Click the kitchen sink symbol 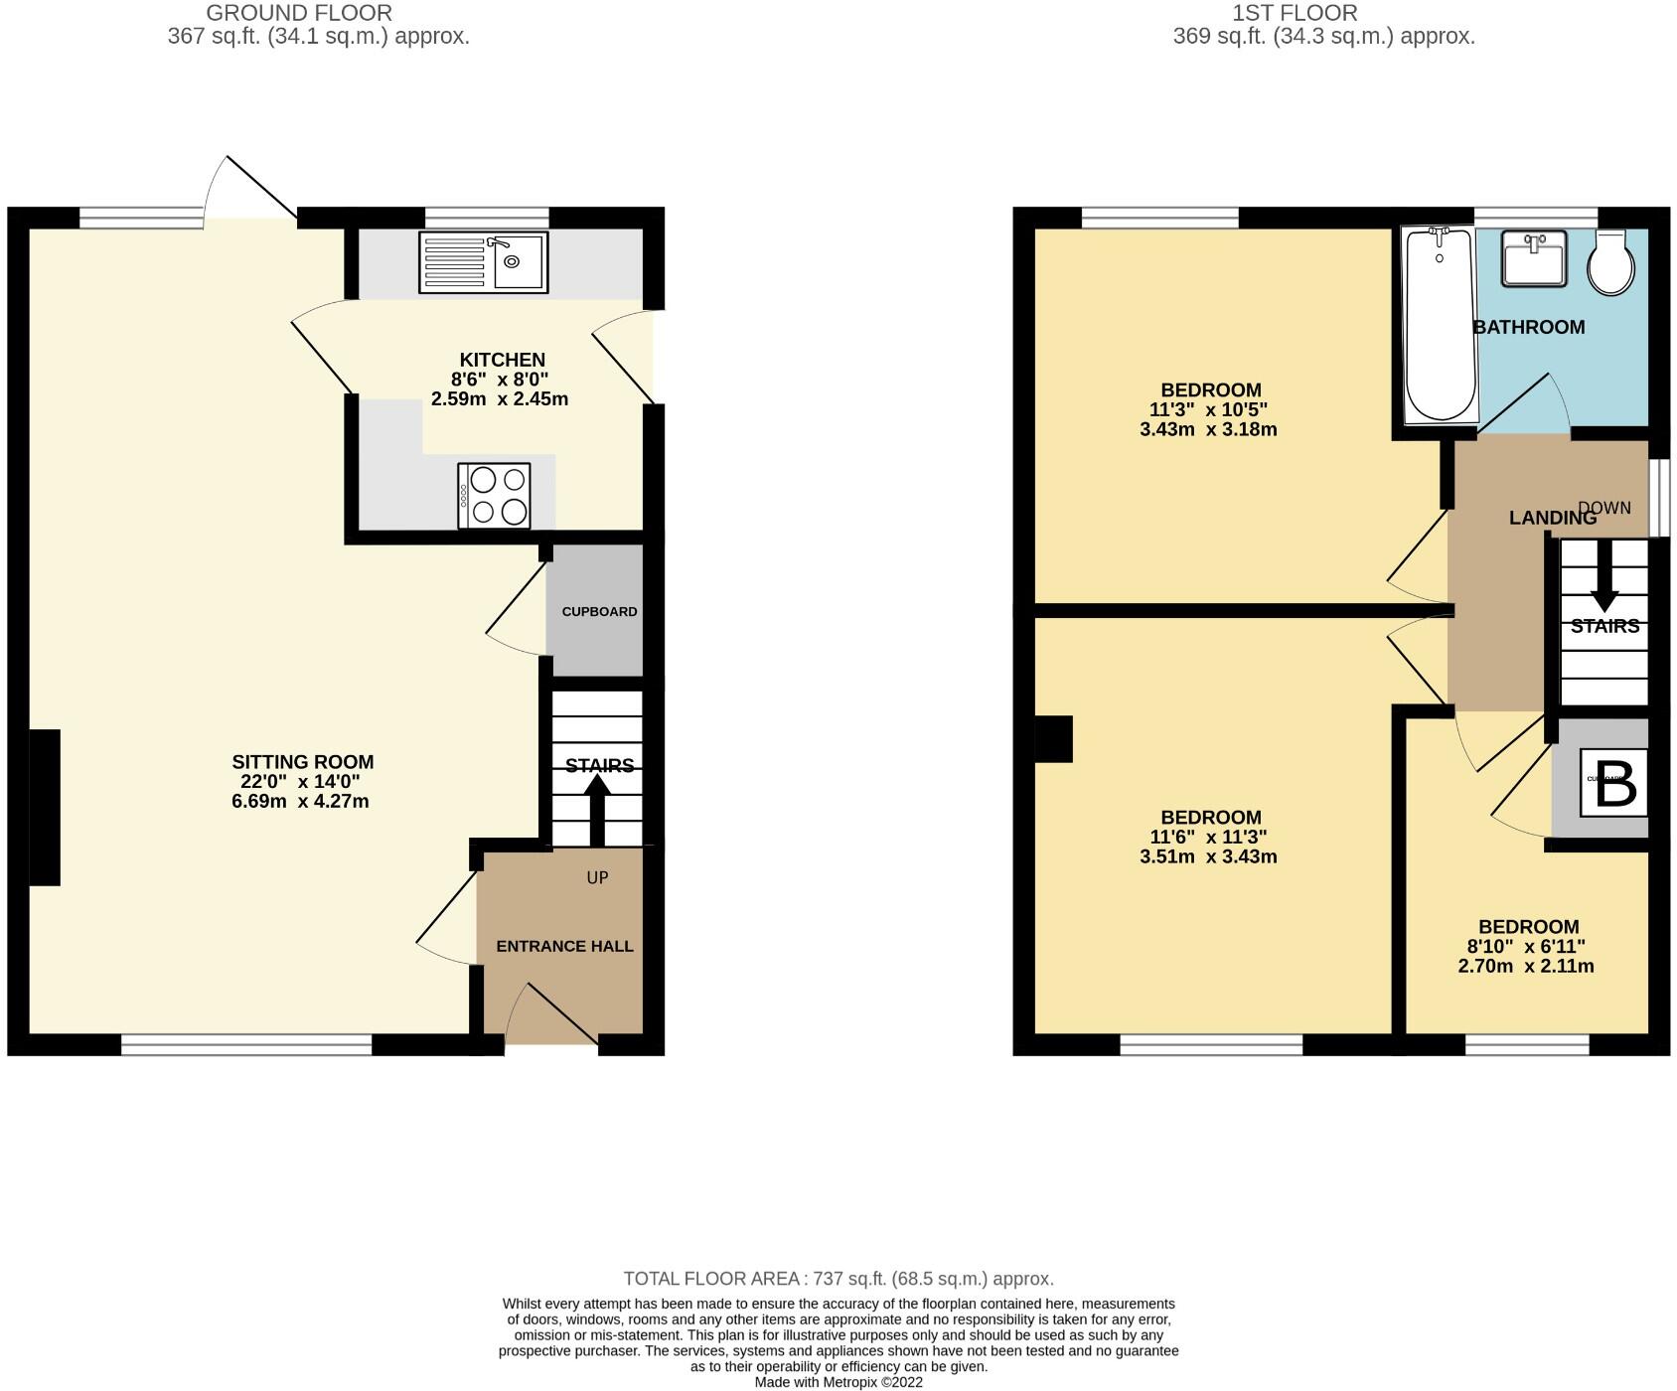point(483,263)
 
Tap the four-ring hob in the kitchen point(494,496)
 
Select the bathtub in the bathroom point(1440,324)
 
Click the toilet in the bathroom point(1610,263)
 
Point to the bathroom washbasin point(1533,257)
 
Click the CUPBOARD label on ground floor point(599,611)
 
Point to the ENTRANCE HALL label point(564,946)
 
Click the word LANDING point(1552,518)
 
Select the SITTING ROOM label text point(303,762)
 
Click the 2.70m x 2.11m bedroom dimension point(1526,966)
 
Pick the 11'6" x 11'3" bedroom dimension point(1209,838)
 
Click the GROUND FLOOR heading point(299,13)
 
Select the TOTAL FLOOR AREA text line point(838,1279)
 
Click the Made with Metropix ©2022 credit point(838,1382)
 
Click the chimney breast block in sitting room point(44,807)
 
